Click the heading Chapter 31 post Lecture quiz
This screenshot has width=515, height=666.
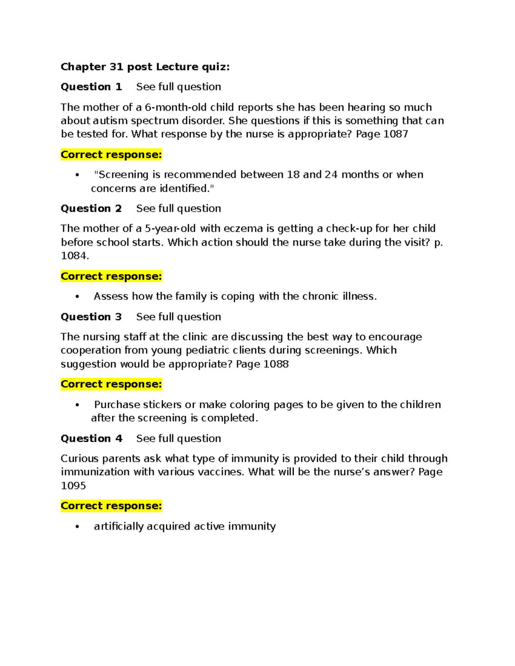[x=145, y=67]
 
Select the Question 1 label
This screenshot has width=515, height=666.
[x=91, y=87]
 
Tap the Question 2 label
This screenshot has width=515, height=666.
[x=91, y=208]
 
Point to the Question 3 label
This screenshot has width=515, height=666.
[x=91, y=317]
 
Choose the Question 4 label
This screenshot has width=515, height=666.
[x=91, y=439]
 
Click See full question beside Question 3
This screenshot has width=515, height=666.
[x=179, y=317]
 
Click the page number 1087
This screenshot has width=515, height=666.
[x=395, y=134]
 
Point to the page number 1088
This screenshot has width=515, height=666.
[x=276, y=364]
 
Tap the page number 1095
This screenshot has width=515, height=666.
[x=73, y=486]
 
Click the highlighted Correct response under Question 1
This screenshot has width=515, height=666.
[x=111, y=155]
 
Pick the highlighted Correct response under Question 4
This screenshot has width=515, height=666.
[x=111, y=506]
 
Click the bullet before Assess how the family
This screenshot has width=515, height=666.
[x=77, y=297]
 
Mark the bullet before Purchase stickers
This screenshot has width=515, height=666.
[x=77, y=405]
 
